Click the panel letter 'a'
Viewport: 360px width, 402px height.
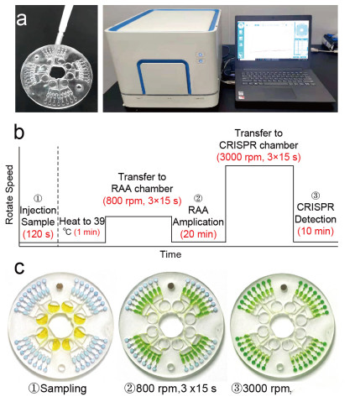coord(22,19)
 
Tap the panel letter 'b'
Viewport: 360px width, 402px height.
coord(19,132)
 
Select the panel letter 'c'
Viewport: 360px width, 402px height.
coord(19,268)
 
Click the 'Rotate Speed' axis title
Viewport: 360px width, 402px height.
coord(9,195)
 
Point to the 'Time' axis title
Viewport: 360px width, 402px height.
coord(170,254)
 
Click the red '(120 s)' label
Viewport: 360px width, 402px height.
coord(38,234)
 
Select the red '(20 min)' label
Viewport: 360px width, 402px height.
coord(198,234)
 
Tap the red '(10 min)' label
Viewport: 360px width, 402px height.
coord(316,231)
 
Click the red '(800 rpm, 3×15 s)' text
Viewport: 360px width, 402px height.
coord(142,201)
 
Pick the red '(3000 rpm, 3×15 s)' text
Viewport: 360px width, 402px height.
coord(258,157)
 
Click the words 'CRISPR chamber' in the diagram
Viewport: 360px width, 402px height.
coord(258,145)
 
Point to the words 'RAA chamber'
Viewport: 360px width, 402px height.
coord(142,189)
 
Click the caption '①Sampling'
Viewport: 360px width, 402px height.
coord(57,389)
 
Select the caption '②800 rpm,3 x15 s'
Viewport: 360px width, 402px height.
coord(170,389)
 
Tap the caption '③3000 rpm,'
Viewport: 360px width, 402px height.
coord(262,389)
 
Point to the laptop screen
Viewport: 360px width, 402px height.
coord(274,39)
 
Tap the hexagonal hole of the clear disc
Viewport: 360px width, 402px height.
coord(57,72)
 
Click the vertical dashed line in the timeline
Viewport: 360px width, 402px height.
coord(58,196)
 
